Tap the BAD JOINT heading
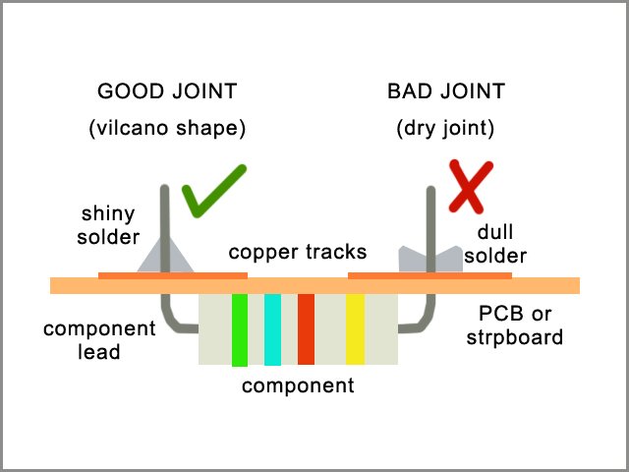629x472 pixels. pos(446,92)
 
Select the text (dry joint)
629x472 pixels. pos(447,128)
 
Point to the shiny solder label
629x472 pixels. pos(108,226)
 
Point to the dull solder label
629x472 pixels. pos(498,244)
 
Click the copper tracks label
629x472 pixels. pos(298,253)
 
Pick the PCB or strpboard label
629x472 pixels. pos(521,326)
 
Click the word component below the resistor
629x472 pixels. pos(298,385)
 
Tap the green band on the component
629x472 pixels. pos(239,329)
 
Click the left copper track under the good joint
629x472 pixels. pos(173,274)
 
